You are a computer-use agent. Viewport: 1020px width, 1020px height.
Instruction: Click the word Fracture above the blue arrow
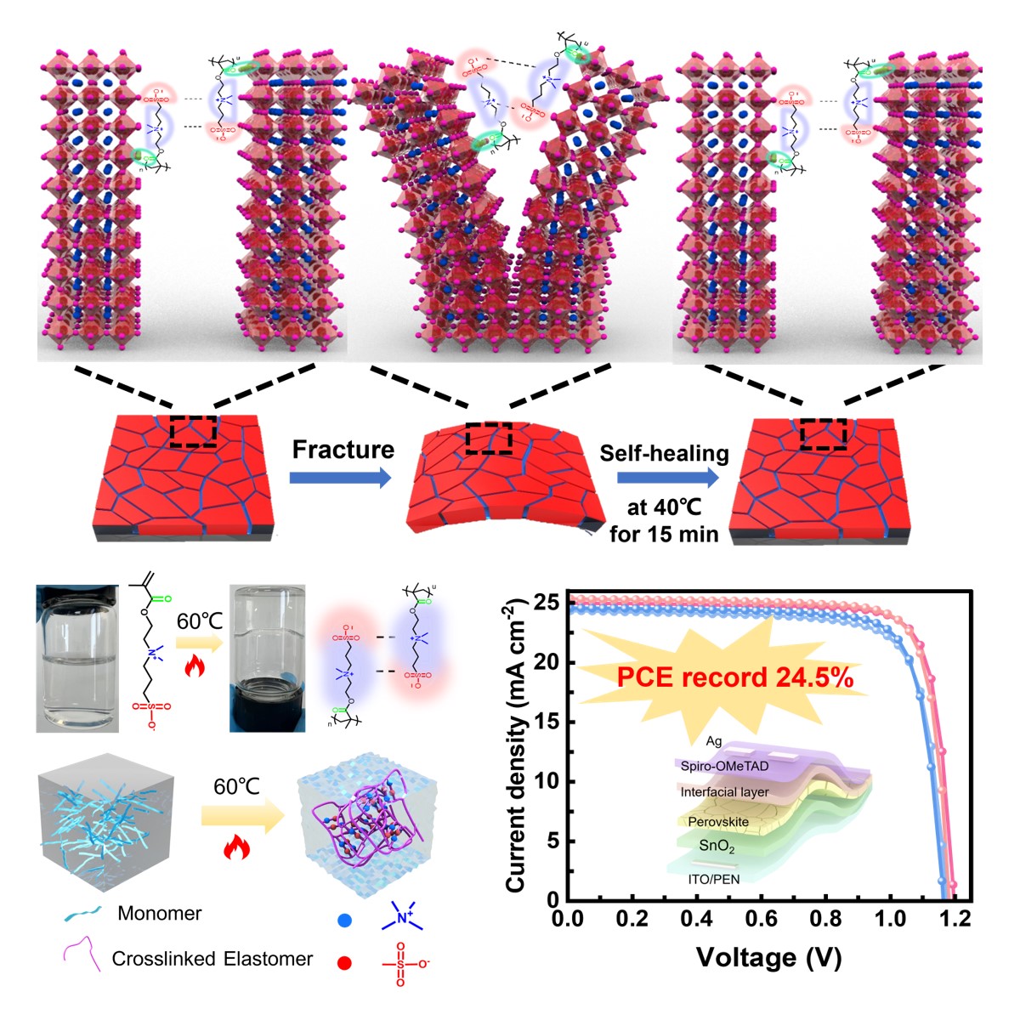pyautogui.click(x=343, y=450)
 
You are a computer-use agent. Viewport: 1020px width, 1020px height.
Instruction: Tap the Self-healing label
pyautogui.click(x=664, y=453)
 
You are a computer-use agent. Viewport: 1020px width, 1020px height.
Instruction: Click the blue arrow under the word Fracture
pyautogui.click(x=340, y=479)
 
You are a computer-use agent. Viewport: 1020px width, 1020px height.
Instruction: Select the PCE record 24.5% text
pyautogui.click(x=734, y=677)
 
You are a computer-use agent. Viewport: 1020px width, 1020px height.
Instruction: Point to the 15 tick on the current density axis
pyautogui.click(x=547, y=722)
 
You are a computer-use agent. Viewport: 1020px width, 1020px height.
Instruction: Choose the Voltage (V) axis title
pyautogui.click(x=768, y=957)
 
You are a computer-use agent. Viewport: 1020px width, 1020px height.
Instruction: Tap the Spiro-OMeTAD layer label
pyautogui.click(x=724, y=766)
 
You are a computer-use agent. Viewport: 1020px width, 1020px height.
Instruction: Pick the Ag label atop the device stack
pyautogui.click(x=714, y=741)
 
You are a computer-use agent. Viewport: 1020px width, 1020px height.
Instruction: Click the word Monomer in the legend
pyautogui.click(x=160, y=914)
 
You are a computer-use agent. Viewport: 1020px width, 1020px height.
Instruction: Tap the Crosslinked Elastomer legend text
pyautogui.click(x=212, y=959)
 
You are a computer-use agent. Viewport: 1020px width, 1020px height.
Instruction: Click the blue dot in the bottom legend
pyautogui.click(x=344, y=919)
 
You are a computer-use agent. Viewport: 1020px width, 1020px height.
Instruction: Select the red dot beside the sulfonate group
pyautogui.click(x=344, y=963)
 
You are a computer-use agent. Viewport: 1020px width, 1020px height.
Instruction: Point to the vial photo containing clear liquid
pyautogui.click(x=77, y=658)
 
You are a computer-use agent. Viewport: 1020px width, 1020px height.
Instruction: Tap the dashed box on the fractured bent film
pyautogui.click(x=488, y=439)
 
